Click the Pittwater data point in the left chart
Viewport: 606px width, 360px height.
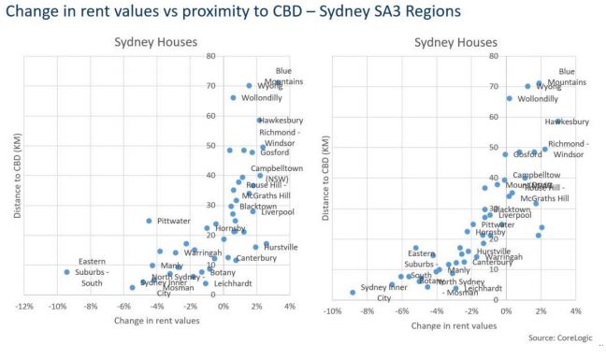pos(149,221)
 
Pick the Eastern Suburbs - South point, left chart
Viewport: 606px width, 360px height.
pos(67,272)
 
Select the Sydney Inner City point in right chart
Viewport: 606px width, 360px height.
pos(353,292)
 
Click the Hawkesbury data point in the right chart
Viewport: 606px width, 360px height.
pos(558,122)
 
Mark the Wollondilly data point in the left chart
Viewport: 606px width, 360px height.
pos(233,98)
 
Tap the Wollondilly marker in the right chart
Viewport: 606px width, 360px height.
pos(510,98)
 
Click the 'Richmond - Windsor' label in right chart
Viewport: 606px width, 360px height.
pos(568,149)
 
